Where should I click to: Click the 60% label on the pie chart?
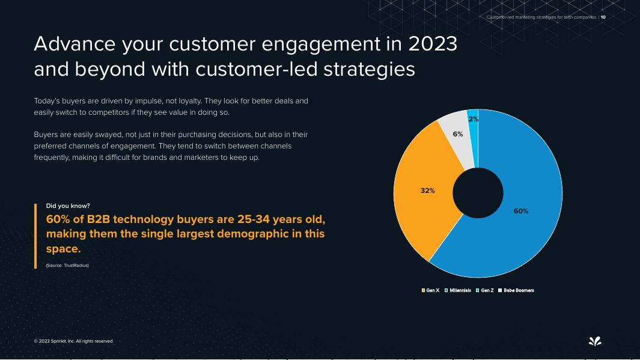[x=520, y=211]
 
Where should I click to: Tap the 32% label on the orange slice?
[x=427, y=191]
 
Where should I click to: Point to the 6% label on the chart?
[x=458, y=134]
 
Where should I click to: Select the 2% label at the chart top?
[x=474, y=119]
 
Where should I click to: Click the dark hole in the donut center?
[x=478, y=193]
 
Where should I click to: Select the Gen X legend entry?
[x=430, y=290]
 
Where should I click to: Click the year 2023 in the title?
[x=432, y=44]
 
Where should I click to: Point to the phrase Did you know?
[x=68, y=206]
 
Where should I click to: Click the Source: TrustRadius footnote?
[x=67, y=265]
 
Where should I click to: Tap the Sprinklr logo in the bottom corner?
[x=594, y=341]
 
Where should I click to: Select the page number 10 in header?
[x=603, y=17]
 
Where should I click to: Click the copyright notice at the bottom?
[x=73, y=341]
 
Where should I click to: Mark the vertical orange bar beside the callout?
[x=35, y=236]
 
